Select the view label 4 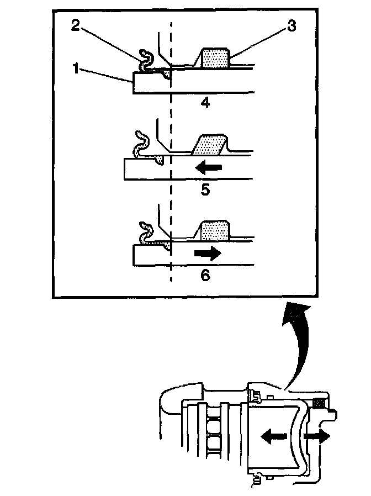click(205, 102)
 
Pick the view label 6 click(205, 275)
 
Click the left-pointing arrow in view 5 click(209, 166)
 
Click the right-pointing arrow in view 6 click(207, 252)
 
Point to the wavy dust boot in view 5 click(141, 146)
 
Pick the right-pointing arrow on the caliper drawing click(318, 436)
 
